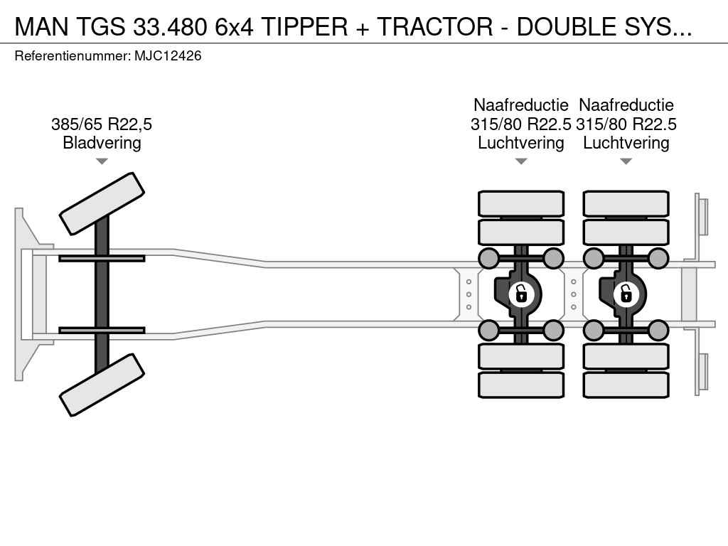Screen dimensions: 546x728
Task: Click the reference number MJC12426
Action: click(168, 55)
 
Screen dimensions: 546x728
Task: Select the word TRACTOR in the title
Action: click(435, 26)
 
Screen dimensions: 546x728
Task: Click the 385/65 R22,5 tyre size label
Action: click(102, 124)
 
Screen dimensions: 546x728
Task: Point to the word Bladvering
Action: click(102, 143)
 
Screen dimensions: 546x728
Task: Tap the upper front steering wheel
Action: click(102, 203)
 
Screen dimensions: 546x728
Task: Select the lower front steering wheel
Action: click(102, 385)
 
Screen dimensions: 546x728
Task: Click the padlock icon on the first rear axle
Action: click(521, 292)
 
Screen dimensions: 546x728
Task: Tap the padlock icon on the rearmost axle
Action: click(626, 292)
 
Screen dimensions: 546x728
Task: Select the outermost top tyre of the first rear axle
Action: click(521, 203)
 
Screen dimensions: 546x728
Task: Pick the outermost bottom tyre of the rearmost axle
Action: click(626, 385)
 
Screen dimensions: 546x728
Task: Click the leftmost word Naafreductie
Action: click(521, 105)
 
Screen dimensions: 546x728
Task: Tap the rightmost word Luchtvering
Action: click(626, 143)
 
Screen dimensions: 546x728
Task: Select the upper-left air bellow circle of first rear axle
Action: click(489, 257)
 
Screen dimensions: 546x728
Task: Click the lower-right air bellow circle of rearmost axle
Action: click(658, 330)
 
